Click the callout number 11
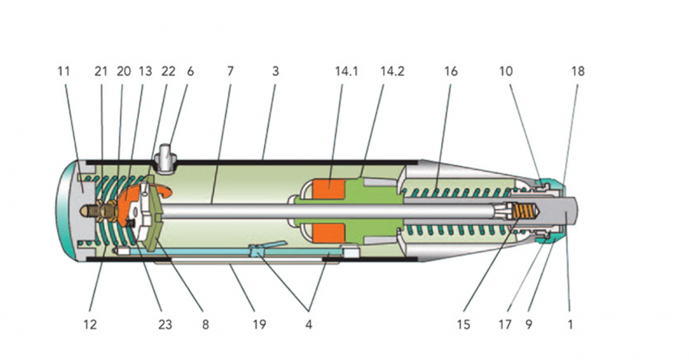pos(64,71)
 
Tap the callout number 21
pos(100,71)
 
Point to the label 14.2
pos(392,71)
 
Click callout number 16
pos(451,71)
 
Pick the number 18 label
pos(577,71)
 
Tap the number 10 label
pos(505,71)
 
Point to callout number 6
pos(190,71)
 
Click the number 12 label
pos(90,324)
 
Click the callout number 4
pos(309,324)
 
